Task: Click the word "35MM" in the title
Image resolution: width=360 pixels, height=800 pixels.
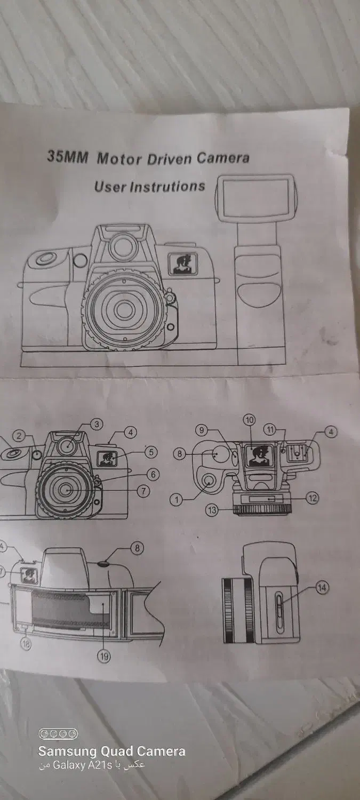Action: [67, 156]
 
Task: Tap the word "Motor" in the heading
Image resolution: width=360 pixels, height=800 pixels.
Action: [119, 158]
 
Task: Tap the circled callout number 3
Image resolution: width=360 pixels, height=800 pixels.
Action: [97, 425]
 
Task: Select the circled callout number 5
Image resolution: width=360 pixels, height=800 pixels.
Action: [151, 452]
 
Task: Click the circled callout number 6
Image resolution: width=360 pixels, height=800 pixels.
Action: [153, 474]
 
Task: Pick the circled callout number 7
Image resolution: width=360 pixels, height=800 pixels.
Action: [143, 491]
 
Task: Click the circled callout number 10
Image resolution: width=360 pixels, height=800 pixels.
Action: [249, 420]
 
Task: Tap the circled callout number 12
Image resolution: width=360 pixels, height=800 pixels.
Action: [313, 498]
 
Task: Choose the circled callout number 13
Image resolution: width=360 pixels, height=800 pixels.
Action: [212, 510]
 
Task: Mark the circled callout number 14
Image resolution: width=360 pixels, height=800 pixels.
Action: [322, 587]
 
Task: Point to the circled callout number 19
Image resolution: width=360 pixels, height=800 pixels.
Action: [105, 655]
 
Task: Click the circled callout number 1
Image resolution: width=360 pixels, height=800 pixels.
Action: [176, 499]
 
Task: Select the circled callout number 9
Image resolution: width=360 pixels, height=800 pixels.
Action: [202, 430]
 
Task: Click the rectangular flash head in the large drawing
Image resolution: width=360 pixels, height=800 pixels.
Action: [255, 196]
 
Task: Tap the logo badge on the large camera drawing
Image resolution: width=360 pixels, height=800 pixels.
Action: [183, 264]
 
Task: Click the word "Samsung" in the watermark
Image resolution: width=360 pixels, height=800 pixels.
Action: [67, 751]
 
